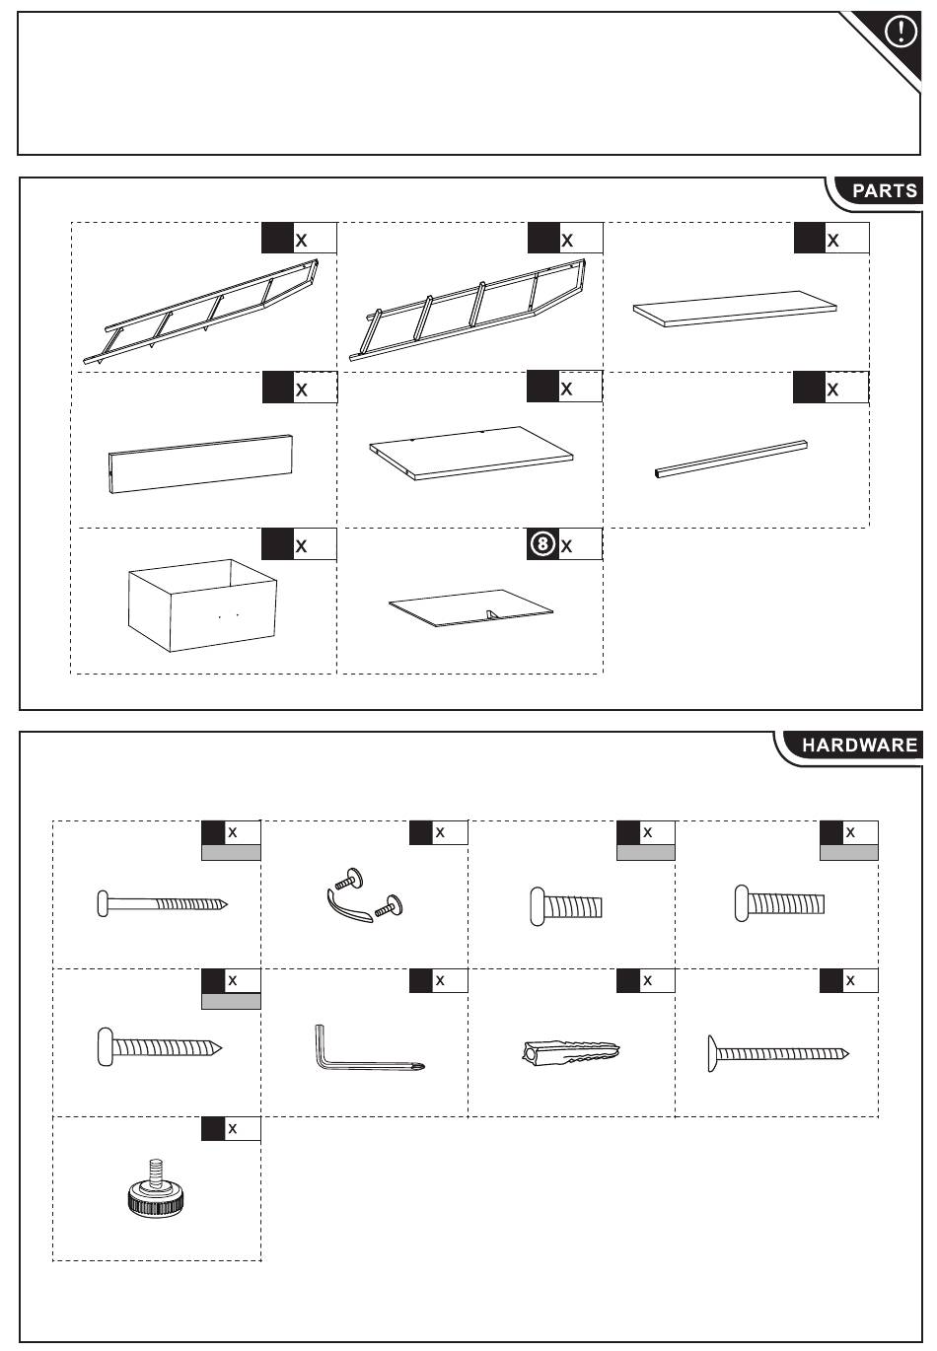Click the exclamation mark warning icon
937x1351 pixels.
(x=901, y=33)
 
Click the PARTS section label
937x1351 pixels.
(x=884, y=190)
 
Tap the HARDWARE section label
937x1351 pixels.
(x=858, y=746)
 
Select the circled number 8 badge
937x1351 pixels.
(x=541, y=544)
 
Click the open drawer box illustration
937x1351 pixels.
(x=202, y=604)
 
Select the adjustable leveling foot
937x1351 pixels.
(x=155, y=1189)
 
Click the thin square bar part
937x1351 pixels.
(x=734, y=459)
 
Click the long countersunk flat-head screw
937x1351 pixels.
(x=777, y=1053)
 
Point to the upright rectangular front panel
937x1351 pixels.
(x=201, y=462)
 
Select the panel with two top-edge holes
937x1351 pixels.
(x=471, y=452)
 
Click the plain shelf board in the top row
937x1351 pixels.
(x=735, y=307)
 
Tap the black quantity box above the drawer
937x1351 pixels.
(x=277, y=544)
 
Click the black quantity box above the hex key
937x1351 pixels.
(x=421, y=980)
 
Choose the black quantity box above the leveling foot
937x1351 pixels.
(x=213, y=1128)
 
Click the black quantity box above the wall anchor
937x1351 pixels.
(x=628, y=980)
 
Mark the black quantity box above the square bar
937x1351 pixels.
(x=809, y=389)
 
